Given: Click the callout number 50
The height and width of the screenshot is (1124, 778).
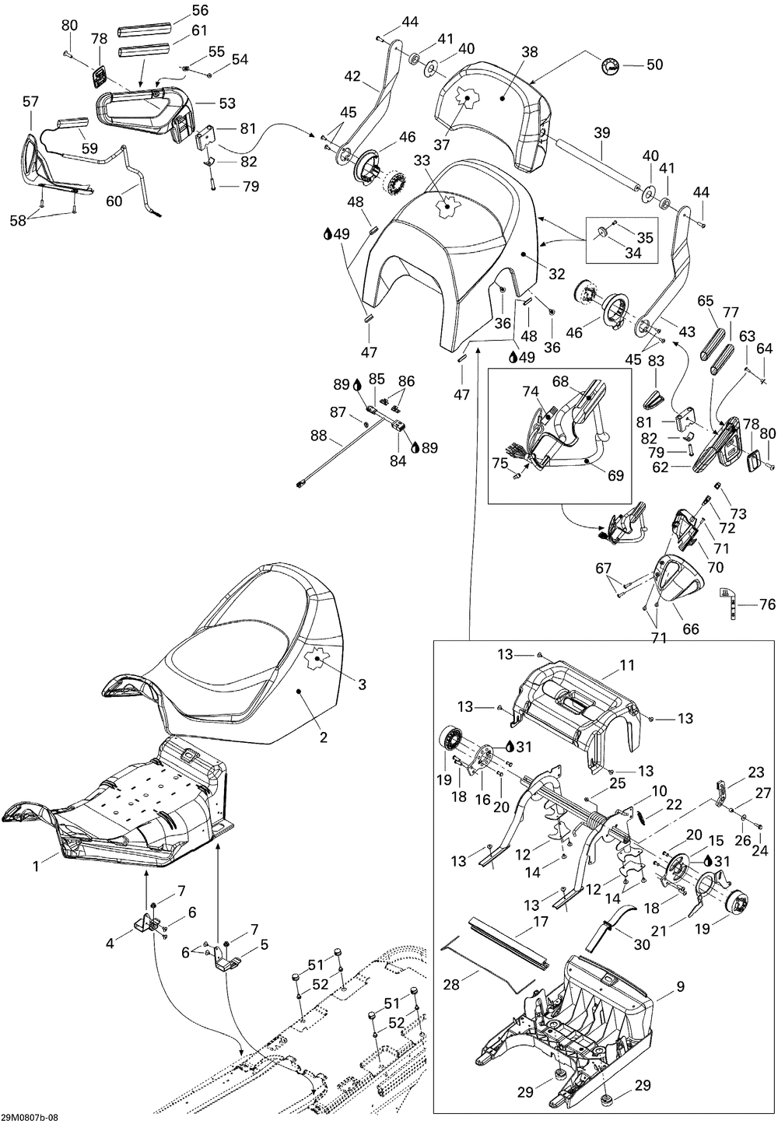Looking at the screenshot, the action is pyautogui.click(x=654, y=65).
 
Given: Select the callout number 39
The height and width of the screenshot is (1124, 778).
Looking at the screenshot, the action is pyautogui.click(x=602, y=133).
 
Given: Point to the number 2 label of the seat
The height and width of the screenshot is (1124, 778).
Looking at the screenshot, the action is pyautogui.click(x=323, y=737).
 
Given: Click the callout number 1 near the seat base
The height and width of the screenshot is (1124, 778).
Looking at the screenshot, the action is pyautogui.click(x=36, y=866).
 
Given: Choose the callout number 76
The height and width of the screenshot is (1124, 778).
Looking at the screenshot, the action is pyautogui.click(x=767, y=604).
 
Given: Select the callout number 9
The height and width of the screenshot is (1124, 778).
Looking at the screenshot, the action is pyautogui.click(x=680, y=986).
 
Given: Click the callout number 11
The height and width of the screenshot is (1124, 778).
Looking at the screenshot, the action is pyautogui.click(x=627, y=665).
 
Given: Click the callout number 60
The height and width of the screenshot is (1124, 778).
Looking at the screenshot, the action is pyautogui.click(x=114, y=201).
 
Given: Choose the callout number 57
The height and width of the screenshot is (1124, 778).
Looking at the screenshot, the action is pyautogui.click(x=30, y=101).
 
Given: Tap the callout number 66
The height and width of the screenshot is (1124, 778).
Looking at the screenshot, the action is pyautogui.click(x=691, y=629).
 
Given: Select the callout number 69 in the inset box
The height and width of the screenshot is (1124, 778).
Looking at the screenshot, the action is pyautogui.click(x=615, y=474).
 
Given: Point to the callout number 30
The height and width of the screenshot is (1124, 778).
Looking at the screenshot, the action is pyautogui.click(x=642, y=944).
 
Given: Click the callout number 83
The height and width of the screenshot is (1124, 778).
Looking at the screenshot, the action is pyautogui.click(x=656, y=361).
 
